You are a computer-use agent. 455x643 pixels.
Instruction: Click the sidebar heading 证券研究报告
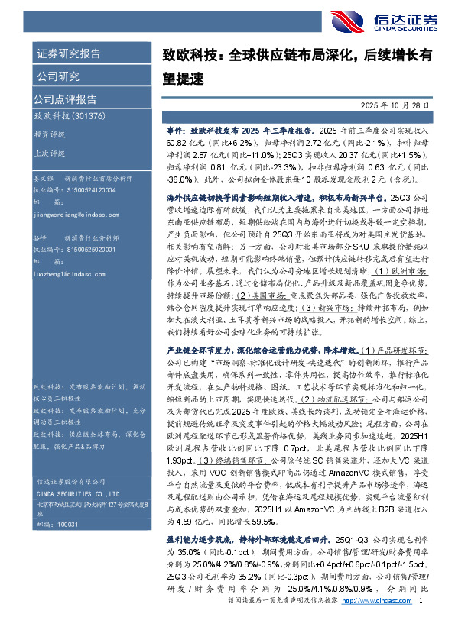[67, 54]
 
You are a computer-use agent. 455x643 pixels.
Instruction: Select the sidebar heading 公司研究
[57, 76]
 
